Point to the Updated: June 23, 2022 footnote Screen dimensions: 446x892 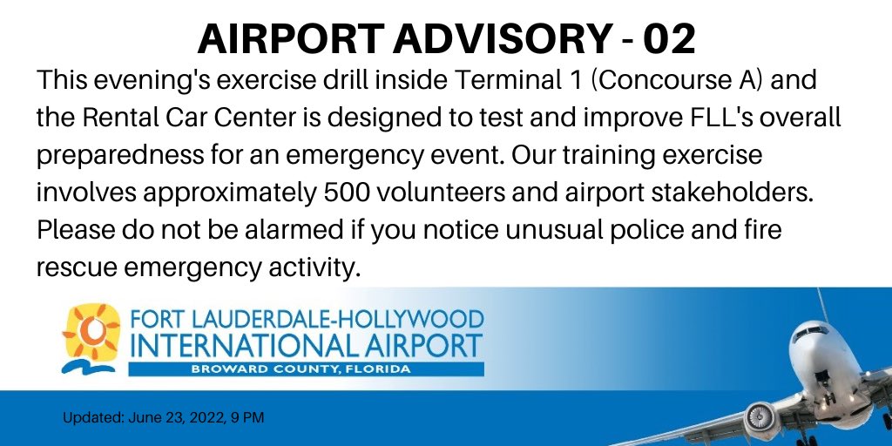(x=163, y=418)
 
